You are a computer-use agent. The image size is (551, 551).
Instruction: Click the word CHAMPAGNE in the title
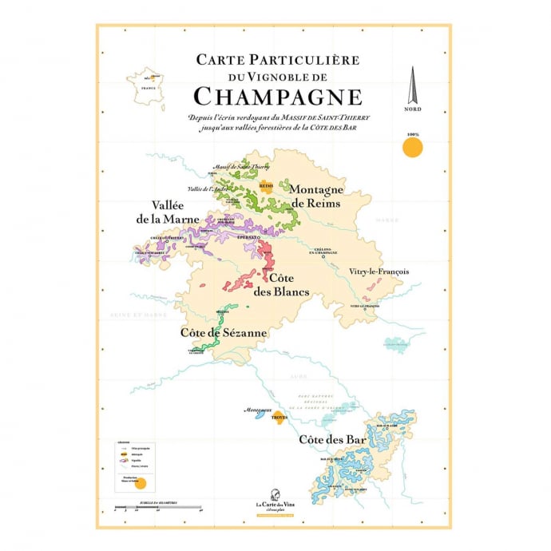pos(278,97)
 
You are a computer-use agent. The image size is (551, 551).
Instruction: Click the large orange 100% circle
pos(412,147)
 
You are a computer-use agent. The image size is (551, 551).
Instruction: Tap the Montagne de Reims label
pos(315,196)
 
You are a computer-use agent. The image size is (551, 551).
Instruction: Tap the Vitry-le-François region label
pos(379,272)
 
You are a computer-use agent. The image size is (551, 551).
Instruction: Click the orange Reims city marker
pos(266,185)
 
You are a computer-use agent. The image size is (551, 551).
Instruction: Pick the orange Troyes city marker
pos(279,417)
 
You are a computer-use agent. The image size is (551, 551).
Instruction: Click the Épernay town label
pos(252,238)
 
